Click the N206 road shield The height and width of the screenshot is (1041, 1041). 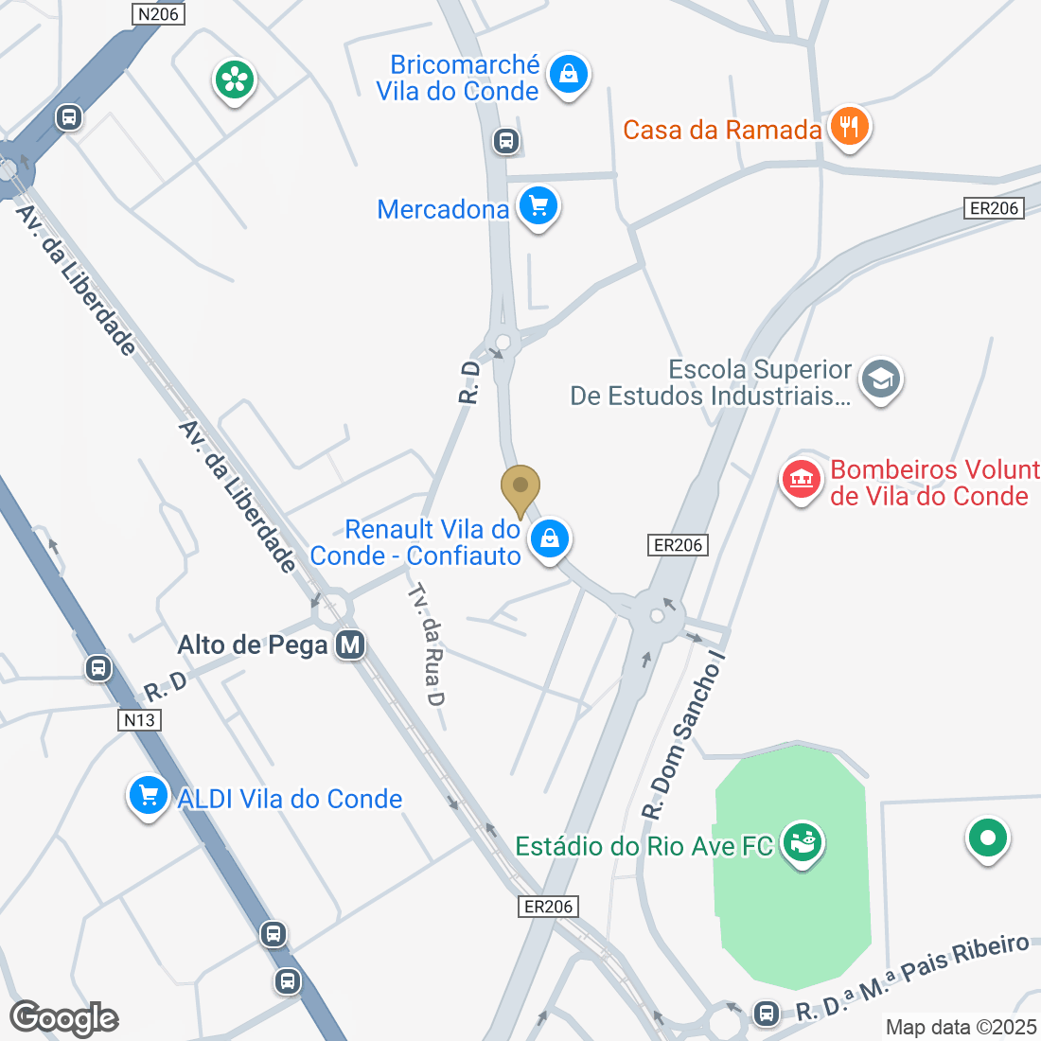(x=157, y=13)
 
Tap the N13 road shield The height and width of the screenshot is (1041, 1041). (x=139, y=720)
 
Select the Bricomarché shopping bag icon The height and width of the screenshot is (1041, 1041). (x=568, y=73)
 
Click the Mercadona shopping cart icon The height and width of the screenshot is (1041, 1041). (x=538, y=204)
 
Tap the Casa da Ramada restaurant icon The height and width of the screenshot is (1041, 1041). (x=849, y=126)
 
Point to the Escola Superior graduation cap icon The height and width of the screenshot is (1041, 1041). (x=881, y=379)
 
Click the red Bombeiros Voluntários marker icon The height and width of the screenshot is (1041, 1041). (x=801, y=479)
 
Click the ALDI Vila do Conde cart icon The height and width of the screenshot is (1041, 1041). (x=148, y=795)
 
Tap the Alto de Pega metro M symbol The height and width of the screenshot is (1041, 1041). (x=350, y=645)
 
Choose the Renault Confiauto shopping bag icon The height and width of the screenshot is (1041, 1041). (x=549, y=539)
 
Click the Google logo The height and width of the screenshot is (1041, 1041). (x=64, y=1018)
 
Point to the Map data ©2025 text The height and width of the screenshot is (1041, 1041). (x=961, y=1027)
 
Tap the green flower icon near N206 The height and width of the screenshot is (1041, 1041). (x=235, y=79)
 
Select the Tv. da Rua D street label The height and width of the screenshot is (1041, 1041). (x=427, y=644)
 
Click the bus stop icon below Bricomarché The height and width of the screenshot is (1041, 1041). (x=506, y=142)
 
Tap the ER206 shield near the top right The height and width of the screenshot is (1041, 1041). (x=994, y=208)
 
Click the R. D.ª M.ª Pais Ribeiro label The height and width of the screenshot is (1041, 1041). (x=912, y=979)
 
